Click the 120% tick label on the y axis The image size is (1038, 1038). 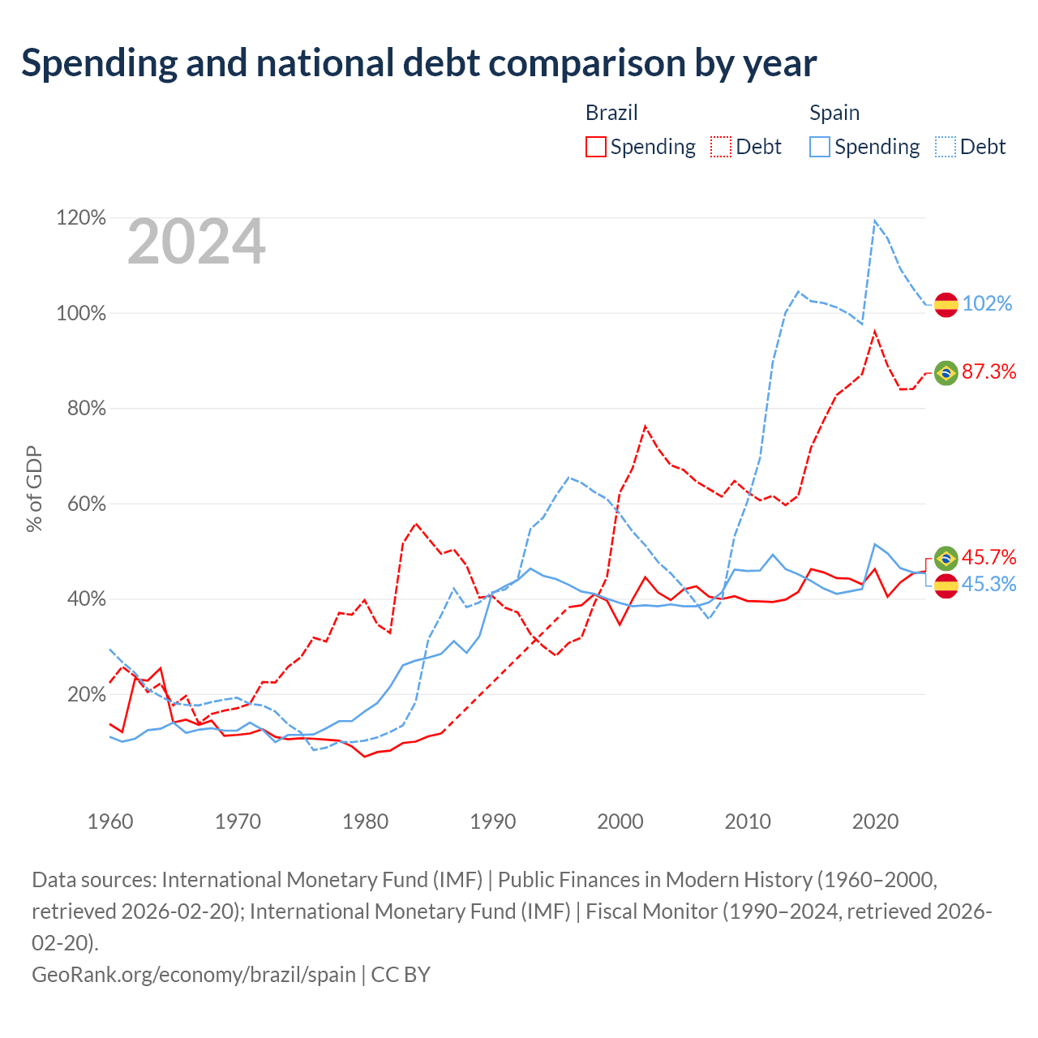tap(81, 217)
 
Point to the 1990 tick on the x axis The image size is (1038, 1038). tap(492, 821)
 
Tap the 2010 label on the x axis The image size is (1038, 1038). tap(747, 821)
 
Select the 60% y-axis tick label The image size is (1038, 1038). tap(86, 504)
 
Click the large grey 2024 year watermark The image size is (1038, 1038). tap(196, 241)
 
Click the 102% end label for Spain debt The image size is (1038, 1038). tap(987, 303)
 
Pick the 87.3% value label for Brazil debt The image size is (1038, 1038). tap(989, 371)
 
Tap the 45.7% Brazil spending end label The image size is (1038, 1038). tap(989, 556)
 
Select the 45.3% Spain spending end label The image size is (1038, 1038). tap(989, 584)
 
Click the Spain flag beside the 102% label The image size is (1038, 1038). tap(946, 305)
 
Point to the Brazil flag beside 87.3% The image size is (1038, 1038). tap(946, 373)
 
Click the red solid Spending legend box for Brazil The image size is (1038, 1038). tap(596, 147)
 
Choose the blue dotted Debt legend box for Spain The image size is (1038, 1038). tap(946, 147)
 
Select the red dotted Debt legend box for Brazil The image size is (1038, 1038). tap(721, 147)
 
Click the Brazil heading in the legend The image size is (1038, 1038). tap(611, 113)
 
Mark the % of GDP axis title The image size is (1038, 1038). tap(34, 488)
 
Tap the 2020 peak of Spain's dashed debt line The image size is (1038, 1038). tap(874, 221)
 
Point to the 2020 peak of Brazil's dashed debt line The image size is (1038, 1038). tap(874, 332)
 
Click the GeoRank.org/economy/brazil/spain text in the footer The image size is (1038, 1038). tap(194, 975)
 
